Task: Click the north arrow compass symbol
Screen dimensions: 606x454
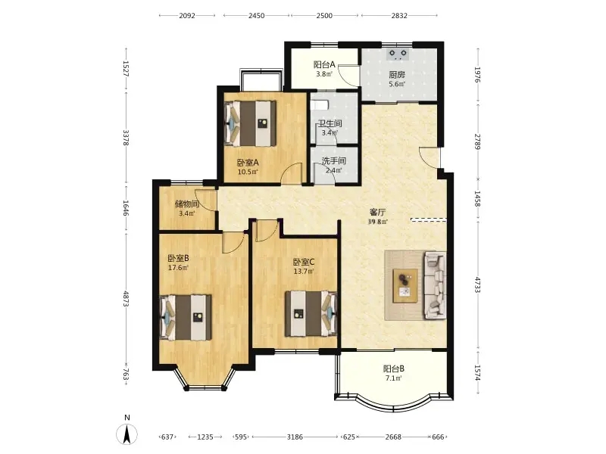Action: [127, 434]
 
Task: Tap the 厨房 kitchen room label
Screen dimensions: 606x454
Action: [397, 74]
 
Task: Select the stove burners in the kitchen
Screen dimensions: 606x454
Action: [398, 54]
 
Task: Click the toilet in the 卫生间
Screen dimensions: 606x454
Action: [319, 104]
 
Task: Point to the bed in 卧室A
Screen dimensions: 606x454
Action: [251, 123]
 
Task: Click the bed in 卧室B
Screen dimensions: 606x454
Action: [186, 317]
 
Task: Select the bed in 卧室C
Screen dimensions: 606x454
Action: [311, 314]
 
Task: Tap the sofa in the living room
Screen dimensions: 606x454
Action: [436, 286]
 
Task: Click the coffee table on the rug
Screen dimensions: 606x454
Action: [405, 286]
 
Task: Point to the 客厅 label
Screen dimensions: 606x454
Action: [377, 213]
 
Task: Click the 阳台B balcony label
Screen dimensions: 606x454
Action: [394, 368]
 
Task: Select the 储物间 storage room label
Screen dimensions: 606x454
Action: [186, 204]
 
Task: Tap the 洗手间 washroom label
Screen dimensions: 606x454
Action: [334, 160]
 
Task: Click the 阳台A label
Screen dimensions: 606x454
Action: [324, 64]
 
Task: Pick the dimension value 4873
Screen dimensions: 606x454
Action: [126, 298]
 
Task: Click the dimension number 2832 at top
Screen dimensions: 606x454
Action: [399, 15]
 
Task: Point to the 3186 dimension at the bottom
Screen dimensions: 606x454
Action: [295, 437]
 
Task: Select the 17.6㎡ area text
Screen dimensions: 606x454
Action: [178, 268]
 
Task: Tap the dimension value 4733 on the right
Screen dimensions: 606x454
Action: [478, 285]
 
